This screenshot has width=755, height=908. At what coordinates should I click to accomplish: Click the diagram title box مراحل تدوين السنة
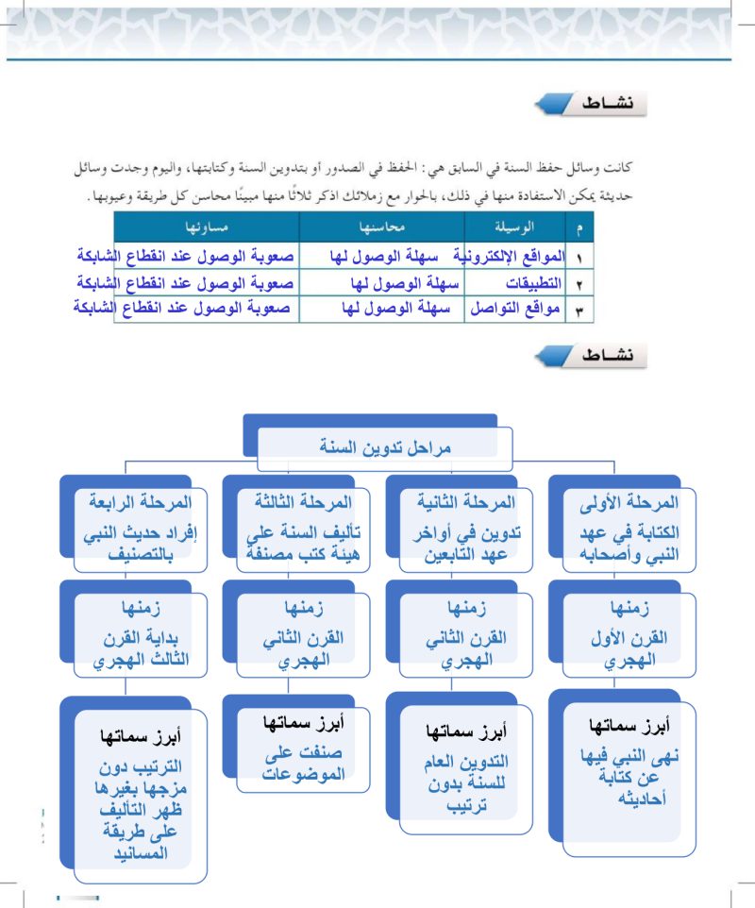[384, 447]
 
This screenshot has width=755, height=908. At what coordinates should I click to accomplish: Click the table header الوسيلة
[514, 227]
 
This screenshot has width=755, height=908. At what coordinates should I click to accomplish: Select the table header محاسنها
[382, 227]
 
